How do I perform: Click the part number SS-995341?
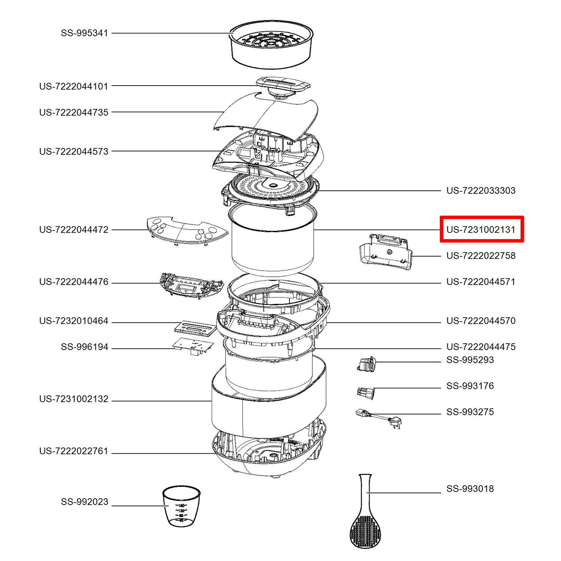(85, 33)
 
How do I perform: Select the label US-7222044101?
(74, 86)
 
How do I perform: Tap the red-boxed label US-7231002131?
(481, 230)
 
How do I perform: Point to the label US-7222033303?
(481, 190)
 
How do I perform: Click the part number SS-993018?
(470, 489)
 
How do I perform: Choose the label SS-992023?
(85, 502)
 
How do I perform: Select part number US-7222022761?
(74, 451)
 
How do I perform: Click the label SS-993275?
(470, 412)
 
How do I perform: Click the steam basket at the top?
(271, 45)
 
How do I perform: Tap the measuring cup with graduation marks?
(181, 506)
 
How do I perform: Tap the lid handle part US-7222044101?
(283, 88)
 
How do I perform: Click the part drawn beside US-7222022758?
(386, 252)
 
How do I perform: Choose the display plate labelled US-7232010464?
(196, 328)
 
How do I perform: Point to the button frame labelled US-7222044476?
(191, 286)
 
